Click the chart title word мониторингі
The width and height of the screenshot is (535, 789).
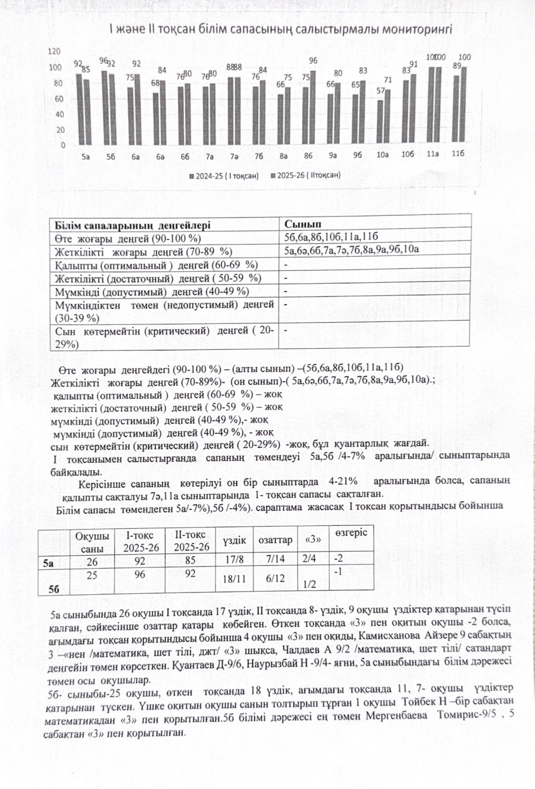[417, 29]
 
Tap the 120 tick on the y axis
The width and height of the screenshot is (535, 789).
[54, 52]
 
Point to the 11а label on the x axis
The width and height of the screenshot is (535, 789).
[433, 155]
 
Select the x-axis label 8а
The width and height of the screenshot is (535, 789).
[284, 156]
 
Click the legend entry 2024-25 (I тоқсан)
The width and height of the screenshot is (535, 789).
[224, 176]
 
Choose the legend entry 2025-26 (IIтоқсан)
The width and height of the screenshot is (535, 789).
[305, 176]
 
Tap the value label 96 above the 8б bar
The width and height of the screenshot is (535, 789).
[313, 61]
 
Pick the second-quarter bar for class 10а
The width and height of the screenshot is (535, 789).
[388, 118]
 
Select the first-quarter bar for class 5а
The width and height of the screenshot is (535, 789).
[79, 110]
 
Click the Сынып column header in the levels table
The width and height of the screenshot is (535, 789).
[303, 224]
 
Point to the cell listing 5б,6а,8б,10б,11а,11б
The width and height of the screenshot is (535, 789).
[331, 237]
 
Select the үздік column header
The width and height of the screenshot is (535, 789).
[234, 540]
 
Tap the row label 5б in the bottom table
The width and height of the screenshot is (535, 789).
[54, 589]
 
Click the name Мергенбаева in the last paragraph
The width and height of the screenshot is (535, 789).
[396, 715]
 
